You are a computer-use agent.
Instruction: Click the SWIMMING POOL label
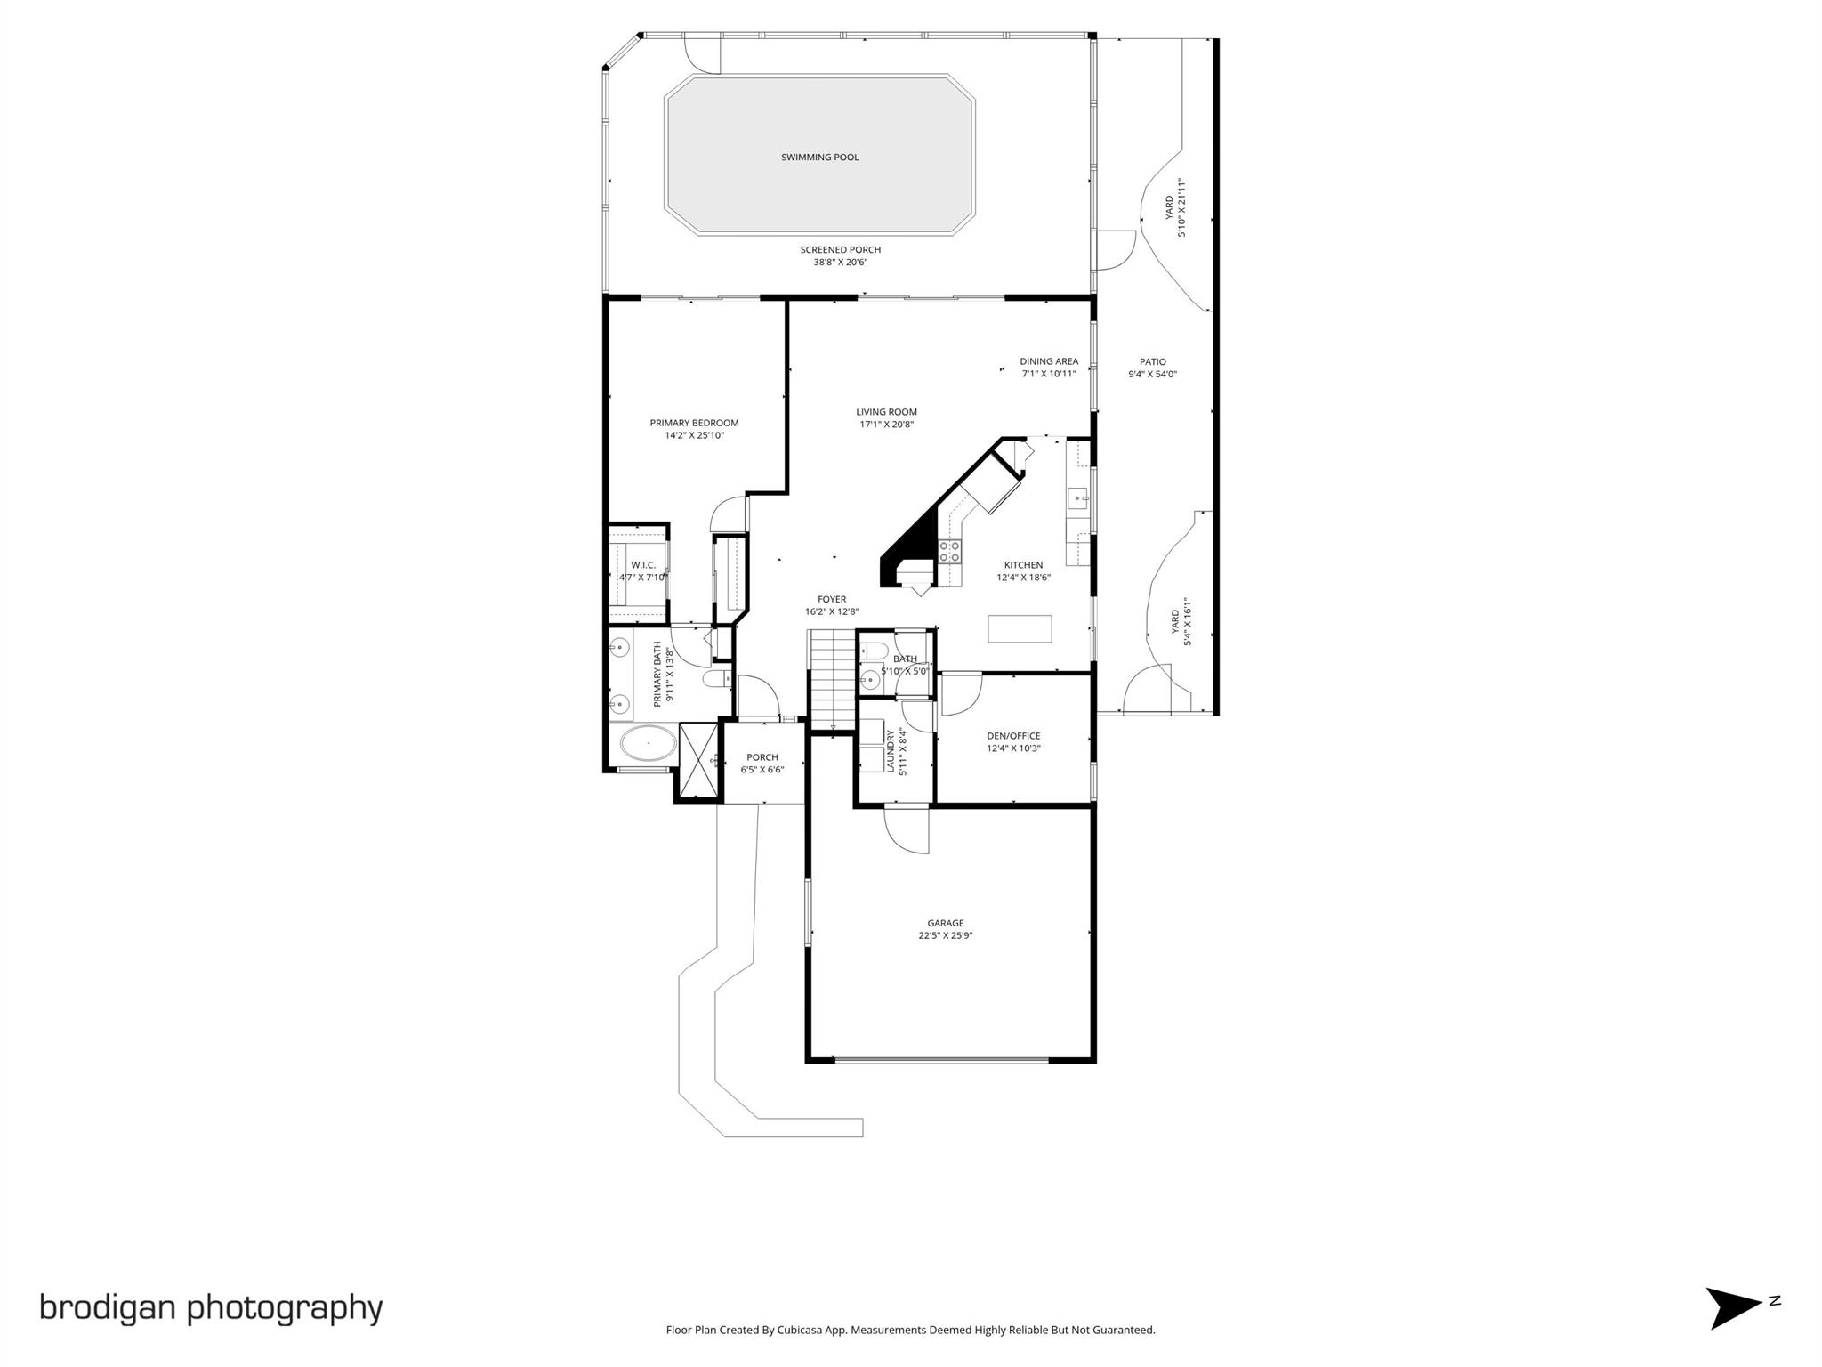[819, 158]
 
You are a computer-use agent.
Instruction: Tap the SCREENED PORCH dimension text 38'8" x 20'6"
[840, 263]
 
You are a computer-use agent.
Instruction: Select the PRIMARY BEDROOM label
[694, 423]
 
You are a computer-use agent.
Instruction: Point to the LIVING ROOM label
[886, 412]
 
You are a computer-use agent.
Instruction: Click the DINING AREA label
[1049, 361]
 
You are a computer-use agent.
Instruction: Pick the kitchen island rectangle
[1020, 628]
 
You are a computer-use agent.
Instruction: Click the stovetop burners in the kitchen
[950, 552]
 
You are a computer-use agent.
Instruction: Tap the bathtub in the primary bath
[647, 742]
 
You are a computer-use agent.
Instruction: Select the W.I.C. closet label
[643, 565]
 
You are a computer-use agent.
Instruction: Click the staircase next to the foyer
[831, 676]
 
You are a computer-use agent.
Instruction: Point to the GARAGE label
[945, 923]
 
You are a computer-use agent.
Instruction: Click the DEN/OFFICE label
[1013, 736]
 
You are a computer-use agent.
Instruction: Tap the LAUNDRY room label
[891, 751]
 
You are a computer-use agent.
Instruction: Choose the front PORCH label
[762, 757]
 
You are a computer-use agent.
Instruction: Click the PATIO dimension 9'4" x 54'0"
[1152, 375]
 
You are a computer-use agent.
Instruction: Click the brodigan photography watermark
[211, 1307]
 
